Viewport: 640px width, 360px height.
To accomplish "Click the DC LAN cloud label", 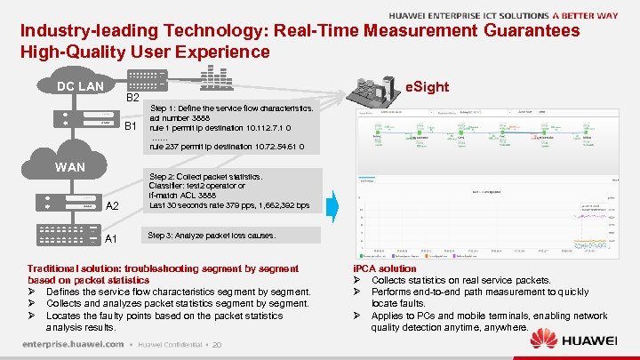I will [x=81, y=86].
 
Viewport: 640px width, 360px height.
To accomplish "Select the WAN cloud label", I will [x=70, y=166].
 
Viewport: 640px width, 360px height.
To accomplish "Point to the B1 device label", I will [x=130, y=126].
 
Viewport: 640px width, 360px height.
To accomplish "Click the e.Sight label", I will [x=427, y=87].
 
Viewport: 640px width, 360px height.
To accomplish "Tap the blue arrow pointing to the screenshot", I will [x=332, y=205].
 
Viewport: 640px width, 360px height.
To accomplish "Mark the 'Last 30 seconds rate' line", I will [x=229, y=205].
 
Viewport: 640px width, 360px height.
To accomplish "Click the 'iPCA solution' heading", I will [x=385, y=268].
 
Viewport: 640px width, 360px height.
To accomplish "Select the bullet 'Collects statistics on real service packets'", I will [x=460, y=280].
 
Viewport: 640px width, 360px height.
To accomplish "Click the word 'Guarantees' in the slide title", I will [x=532, y=31].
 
